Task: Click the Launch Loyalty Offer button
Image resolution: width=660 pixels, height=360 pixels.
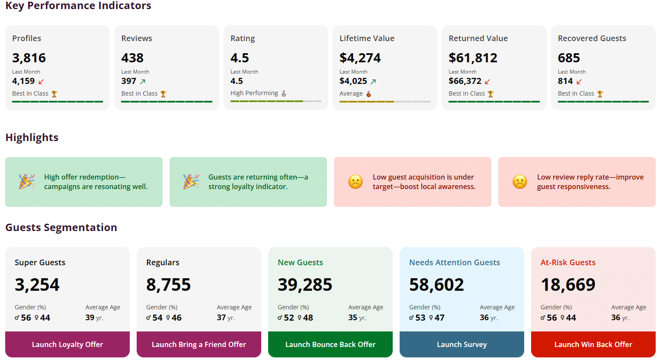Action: point(67,344)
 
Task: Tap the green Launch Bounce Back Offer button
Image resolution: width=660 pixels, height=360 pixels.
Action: point(330,344)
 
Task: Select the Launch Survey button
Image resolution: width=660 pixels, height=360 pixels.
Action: point(462,344)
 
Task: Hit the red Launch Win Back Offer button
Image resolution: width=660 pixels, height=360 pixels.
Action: point(593,344)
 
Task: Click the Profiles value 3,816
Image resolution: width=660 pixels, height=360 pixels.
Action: point(29,58)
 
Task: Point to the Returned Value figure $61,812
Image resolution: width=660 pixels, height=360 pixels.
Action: point(473,58)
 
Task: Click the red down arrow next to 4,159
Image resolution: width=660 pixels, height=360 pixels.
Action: point(42,81)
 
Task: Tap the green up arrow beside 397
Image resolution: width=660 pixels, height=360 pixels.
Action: point(143,81)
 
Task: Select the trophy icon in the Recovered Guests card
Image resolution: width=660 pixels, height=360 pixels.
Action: point(600,94)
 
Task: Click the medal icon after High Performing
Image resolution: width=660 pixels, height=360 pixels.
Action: point(284,93)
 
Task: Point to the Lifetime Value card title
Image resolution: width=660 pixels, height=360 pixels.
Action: point(367,38)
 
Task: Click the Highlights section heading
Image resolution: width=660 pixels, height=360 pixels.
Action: point(32,137)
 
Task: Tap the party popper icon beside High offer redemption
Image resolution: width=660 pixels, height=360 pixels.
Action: point(26,182)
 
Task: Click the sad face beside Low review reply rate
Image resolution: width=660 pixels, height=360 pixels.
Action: point(520,182)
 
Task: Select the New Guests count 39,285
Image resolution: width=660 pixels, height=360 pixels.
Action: point(305,285)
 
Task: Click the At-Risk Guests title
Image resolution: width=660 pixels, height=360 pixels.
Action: point(568,262)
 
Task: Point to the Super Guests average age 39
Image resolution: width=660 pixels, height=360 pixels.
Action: point(90,318)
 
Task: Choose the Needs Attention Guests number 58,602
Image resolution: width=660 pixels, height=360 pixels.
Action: point(436,285)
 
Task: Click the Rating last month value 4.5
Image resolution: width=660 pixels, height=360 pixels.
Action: point(237,81)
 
